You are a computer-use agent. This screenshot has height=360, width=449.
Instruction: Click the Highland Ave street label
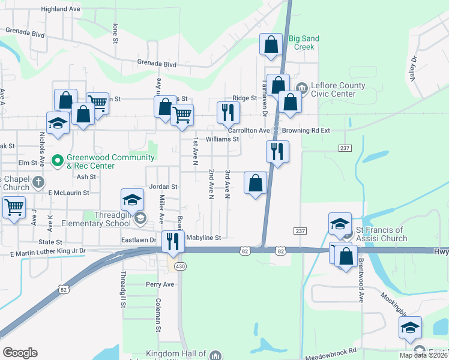61,9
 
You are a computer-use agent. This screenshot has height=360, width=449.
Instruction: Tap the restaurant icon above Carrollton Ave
228,112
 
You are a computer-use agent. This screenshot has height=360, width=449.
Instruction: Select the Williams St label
222,139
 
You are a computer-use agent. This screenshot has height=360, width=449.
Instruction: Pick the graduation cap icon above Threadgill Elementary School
133,199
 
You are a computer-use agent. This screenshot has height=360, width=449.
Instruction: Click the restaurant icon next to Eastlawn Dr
173,241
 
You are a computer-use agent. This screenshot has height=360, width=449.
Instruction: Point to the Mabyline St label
203,238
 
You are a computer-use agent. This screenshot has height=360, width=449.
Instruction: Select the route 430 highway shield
179,266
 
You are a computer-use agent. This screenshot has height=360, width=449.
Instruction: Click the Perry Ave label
160,284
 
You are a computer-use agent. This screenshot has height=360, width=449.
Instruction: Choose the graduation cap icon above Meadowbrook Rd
410,328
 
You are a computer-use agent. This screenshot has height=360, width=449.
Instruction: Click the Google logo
20,353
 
